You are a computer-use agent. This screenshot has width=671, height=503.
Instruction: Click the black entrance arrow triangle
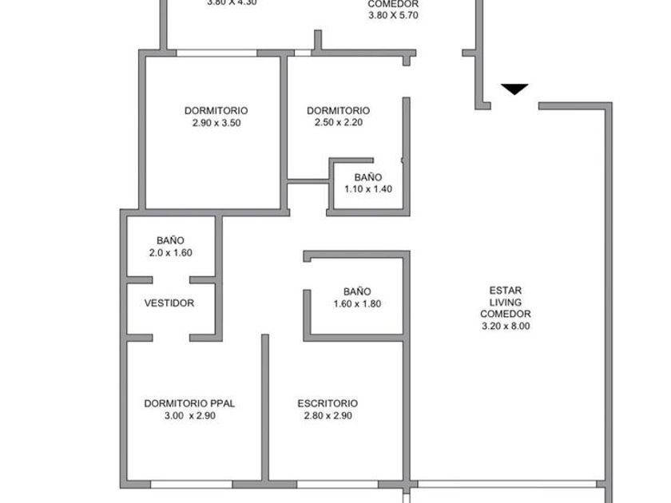515,89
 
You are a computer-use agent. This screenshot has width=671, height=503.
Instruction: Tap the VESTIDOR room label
169,303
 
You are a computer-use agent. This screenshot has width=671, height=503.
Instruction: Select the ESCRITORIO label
328,403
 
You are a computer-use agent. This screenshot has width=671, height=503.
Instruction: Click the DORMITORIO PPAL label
189,403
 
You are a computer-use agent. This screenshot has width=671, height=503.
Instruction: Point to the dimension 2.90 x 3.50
216,123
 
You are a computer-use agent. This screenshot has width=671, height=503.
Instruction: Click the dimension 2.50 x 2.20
338,123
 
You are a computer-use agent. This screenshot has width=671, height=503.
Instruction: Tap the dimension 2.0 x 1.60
170,252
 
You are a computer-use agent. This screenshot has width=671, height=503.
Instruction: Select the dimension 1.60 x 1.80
357,303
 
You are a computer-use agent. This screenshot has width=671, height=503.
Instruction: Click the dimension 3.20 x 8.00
506,326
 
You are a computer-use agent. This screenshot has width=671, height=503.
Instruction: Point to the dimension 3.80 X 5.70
393,15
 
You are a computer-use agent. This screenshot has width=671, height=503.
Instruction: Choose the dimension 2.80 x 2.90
328,415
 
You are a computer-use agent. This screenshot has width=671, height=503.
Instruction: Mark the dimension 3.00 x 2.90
189,415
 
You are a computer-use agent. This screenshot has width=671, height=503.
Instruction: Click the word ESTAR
506,291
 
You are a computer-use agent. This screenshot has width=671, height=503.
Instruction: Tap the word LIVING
506,303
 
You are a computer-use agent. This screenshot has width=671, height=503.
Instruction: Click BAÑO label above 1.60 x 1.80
357,291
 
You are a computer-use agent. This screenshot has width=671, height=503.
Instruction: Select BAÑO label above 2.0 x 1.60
170,240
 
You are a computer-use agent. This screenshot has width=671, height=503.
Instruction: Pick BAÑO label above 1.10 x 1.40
367,177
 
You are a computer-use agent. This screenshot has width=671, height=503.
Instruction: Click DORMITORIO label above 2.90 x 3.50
216,111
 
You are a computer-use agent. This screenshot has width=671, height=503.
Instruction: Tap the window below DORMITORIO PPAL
192,484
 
